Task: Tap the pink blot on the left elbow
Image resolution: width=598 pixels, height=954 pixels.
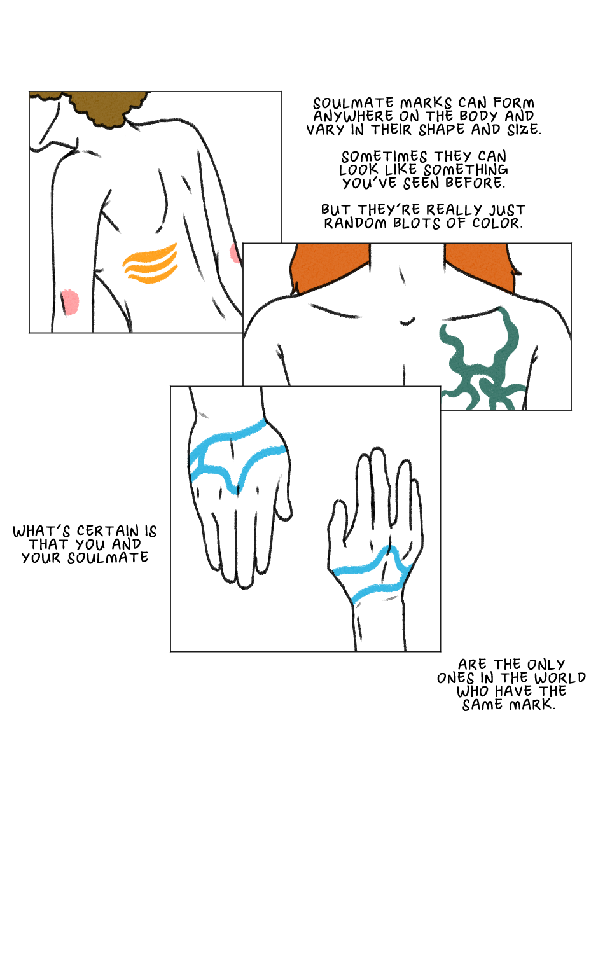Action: [x=69, y=302]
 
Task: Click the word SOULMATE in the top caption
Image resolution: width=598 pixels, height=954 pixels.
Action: [x=354, y=104]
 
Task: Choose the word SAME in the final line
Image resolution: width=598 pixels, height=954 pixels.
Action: [x=483, y=705]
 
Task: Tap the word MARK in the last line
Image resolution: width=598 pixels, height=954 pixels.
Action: [x=532, y=705]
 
